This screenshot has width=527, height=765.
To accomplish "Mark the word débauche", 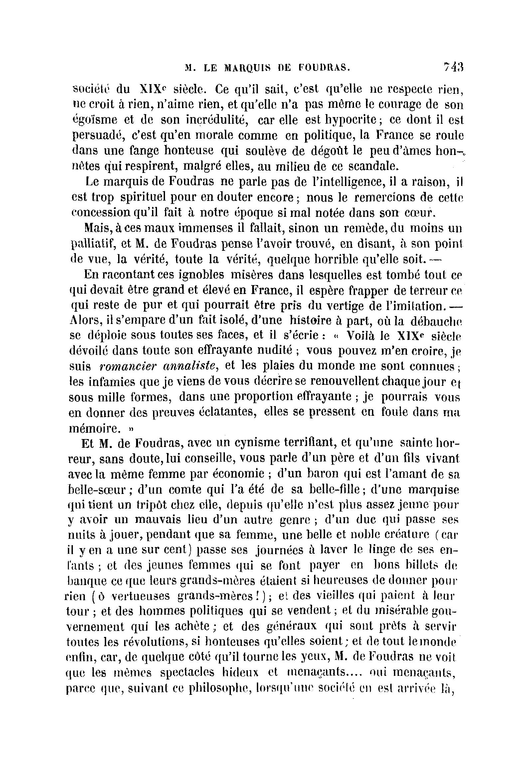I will pos(436,321).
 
